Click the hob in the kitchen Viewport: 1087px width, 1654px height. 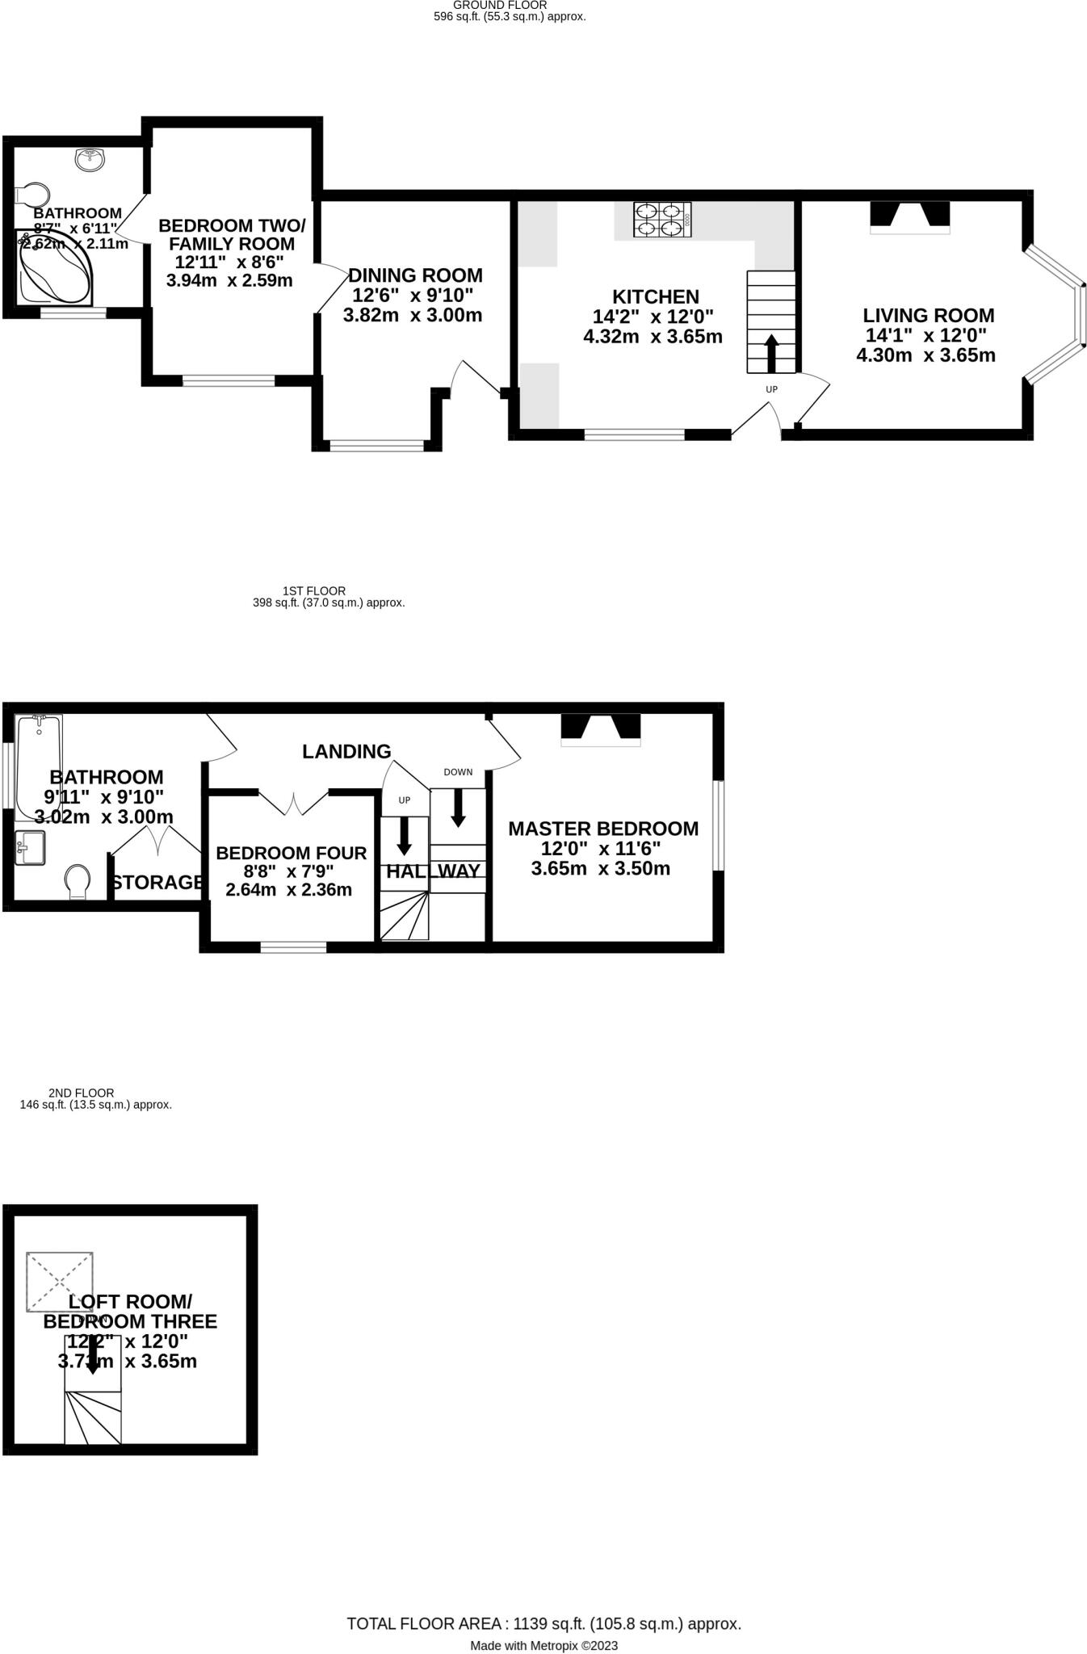(x=662, y=219)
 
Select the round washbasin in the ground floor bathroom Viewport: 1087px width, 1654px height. (x=90, y=159)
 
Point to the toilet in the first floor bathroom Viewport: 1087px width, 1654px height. (x=78, y=881)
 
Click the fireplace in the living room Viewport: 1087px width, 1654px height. (x=909, y=216)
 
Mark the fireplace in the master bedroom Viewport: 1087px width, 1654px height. (x=601, y=728)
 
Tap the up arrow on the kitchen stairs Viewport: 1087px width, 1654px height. (x=771, y=353)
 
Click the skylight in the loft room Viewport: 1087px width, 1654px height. (x=60, y=1281)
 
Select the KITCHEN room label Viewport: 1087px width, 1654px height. (x=655, y=296)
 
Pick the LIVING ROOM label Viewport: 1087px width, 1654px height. (x=928, y=316)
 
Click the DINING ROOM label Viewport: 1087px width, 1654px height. (x=415, y=275)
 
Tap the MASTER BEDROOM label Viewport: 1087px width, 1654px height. (x=603, y=829)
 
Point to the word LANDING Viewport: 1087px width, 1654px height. (x=346, y=752)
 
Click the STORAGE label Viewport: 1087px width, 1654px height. (x=157, y=883)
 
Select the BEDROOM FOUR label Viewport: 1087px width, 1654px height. (x=291, y=853)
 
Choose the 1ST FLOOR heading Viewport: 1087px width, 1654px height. (x=314, y=591)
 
